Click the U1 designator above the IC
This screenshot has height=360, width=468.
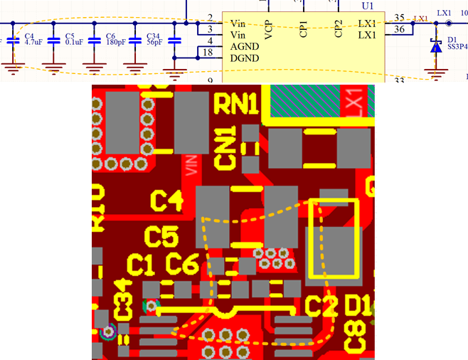click(x=368, y=4)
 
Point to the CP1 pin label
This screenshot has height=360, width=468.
click(x=304, y=28)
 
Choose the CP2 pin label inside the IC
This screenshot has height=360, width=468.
click(x=339, y=28)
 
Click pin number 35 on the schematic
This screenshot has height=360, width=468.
click(x=399, y=17)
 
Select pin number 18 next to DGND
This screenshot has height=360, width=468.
click(x=208, y=52)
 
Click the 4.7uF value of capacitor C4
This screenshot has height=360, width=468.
click(x=34, y=43)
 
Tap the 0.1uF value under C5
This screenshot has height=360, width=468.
click(x=74, y=43)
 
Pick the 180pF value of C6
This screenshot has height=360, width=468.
click(x=115, y=43)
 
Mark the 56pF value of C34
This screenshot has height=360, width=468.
click(x=155, y=43)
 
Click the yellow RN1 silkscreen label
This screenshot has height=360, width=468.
click(x=237, y=105)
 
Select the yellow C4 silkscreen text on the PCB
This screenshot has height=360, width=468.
click(x=168, y=201)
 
